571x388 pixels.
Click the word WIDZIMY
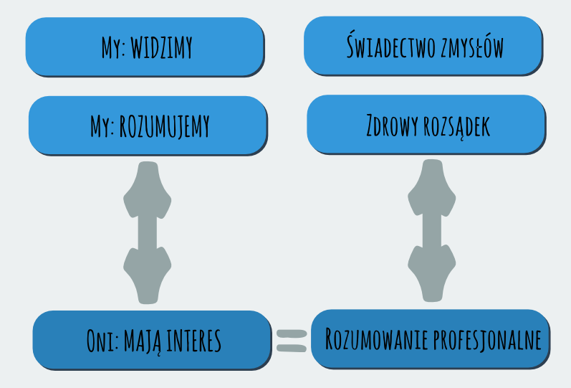pos(161,47)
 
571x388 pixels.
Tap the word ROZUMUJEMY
pos(165,126)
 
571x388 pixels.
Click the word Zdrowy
pos(392,126)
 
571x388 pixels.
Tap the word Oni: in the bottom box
pos(102,341)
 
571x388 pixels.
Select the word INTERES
pos(193,341)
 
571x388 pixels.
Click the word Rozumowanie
pos(376,339)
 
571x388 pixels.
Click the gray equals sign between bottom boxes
pos(292,341)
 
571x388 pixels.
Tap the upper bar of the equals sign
pos(292,333)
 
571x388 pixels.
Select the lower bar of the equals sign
pos(292,348)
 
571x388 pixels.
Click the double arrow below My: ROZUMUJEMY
pos(148,232)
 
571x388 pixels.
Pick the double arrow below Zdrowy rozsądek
pos(432,230)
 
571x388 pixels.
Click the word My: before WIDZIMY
pos(114,47)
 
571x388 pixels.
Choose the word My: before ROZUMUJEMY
pos(102,126)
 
